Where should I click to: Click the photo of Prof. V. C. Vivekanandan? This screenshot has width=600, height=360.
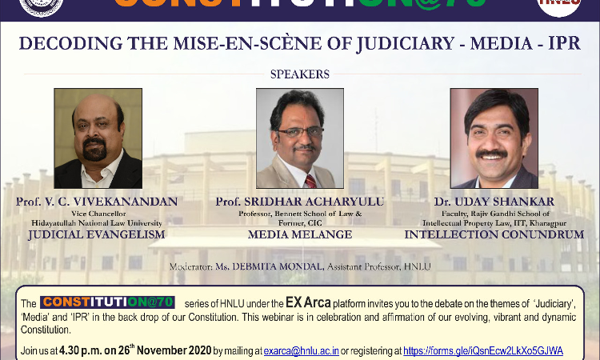click(x=98, y=138)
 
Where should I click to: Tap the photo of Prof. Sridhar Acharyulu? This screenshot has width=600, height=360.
click(x=300, y=138)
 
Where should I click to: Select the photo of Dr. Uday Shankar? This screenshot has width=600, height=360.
click(x=494, y=138)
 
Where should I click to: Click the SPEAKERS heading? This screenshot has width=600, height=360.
click(x=300, y=74)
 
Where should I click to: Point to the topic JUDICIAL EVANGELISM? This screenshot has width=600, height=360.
click(x=97, y=234)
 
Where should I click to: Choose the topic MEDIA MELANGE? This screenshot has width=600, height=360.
click(x=300, y=234)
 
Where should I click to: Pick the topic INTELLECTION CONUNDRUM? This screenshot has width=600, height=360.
click(x=494, y=234)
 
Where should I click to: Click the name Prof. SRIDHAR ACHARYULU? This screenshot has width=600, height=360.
click(x=300, y=202)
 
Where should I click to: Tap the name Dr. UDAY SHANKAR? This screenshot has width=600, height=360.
click(x=494, y=202)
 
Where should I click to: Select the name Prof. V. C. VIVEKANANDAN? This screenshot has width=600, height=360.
click(x=97, y=202)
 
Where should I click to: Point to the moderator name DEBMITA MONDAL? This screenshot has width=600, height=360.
click(x=275, y=265)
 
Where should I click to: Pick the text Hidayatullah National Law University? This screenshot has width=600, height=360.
click(x=97, y=222)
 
